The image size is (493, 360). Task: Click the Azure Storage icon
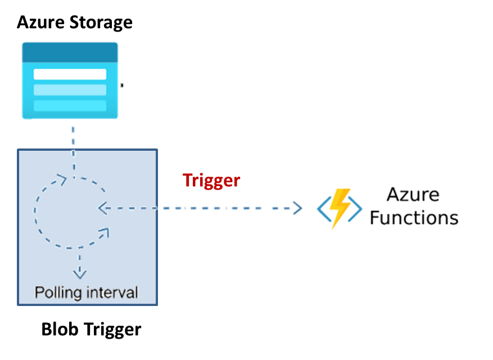pyautogui.click(x=70, y=80)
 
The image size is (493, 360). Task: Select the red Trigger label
pyautogui.click(x=211, y=180)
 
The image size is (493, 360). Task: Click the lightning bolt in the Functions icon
pyautogui.click(x=340, y=208)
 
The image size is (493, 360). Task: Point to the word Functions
pyautogui.click(x=414, y=218)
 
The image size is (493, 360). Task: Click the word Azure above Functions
pyautogui.click(x=413, y=195)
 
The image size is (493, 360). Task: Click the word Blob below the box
pyautogui.click(x=60, y=329)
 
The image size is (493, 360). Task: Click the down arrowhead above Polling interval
pyautogui.click(x=80, y=274)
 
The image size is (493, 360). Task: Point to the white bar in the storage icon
pyautogui.click(x=70, y=74)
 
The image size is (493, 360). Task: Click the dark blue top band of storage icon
pyautogui.click(x=70, y=52)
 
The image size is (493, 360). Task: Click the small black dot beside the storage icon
pyautogui.click(x=121, y=85)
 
